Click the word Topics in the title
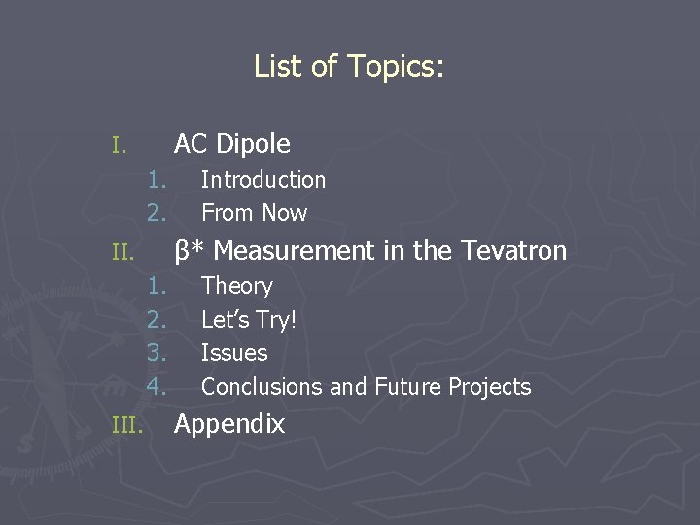pos(394,66)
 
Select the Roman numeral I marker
pos(118,147)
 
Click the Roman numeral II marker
pos(122,254)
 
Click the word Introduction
pos(263,180)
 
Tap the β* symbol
pos(189,251)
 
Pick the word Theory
pos(236,286)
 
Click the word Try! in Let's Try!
pos(275,319)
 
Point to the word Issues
pos(234,353)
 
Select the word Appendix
pos(229,424)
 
